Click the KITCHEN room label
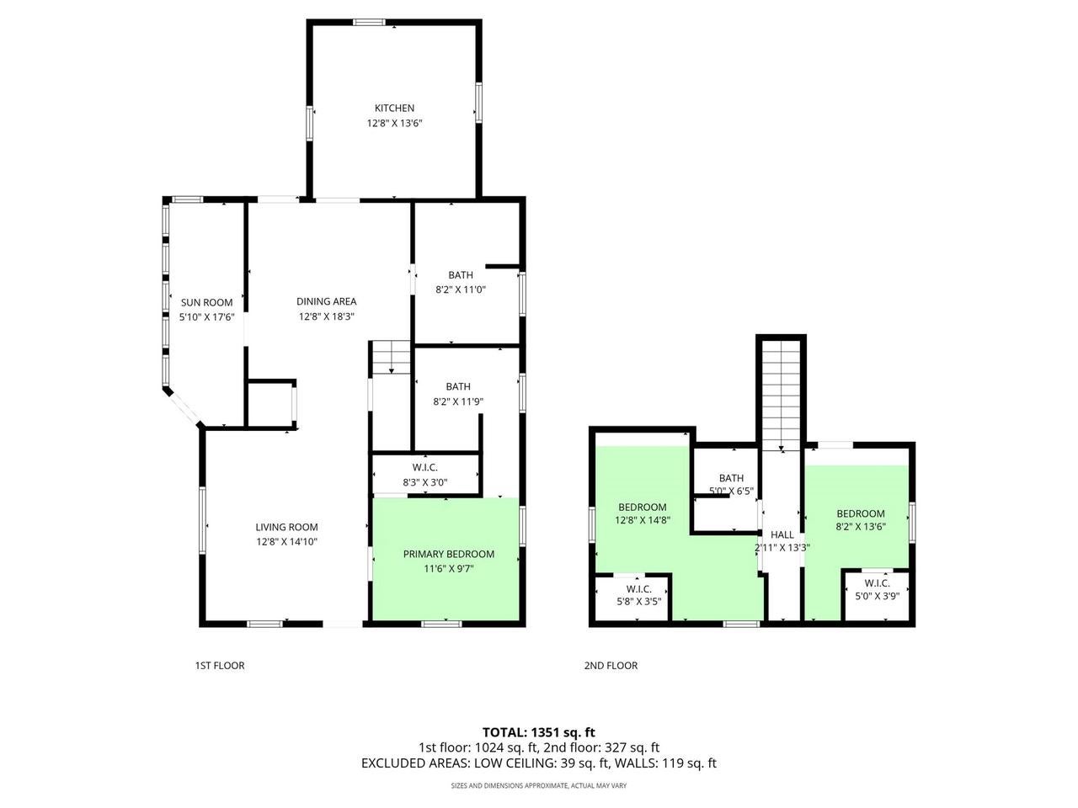click(394, 109)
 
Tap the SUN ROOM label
click(206, 303)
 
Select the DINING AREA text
click(327, 301)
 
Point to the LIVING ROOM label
click(286, 528)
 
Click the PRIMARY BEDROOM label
click(448, 554)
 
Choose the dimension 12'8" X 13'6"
click(394, 124)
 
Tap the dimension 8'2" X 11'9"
click(458, 402)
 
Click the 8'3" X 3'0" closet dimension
click(425, 483)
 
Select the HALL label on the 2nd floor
click(782, 534)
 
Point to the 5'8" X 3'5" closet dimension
click(638, 603)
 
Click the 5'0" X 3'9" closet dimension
click(877, 598)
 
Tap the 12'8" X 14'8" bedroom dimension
click(643, 521)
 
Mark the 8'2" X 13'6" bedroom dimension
click(861, 529)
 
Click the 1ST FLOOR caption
click(219, 666)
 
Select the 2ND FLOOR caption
click(611, 666)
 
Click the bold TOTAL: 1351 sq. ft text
click(538, 732)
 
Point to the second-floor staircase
click(782, 391)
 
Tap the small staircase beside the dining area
click(390, 357)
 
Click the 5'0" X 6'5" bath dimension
click(732, 492)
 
